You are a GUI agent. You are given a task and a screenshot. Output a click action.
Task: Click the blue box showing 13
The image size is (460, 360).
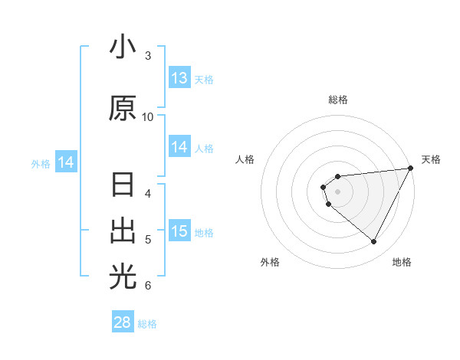click(179, 78)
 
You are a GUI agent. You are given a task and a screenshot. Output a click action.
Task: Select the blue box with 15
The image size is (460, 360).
click(179, 231)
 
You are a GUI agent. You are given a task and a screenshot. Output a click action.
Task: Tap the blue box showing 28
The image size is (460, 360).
click(123, 322)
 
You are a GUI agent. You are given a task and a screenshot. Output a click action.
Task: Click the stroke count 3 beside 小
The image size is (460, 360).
click(147, 55)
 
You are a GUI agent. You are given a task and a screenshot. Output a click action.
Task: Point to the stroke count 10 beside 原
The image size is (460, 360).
click(148, 116)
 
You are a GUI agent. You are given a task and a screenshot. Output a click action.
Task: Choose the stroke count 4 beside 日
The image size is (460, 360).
click(147, 193)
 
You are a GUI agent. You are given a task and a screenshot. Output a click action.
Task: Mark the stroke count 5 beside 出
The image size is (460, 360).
click(147, 239)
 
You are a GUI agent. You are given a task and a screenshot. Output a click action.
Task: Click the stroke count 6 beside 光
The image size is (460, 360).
click(147, 285)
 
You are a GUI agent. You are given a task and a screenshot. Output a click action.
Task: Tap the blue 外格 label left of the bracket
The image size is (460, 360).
click(40, 163)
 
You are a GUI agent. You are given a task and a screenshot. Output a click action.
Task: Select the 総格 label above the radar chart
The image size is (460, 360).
click(338, 100)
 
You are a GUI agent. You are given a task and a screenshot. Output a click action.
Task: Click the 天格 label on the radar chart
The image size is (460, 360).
click(431, 159)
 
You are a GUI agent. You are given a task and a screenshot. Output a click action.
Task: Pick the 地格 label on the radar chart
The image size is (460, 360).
click(402, 262)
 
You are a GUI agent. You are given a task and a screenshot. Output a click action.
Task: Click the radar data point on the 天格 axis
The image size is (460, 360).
click(411, 167)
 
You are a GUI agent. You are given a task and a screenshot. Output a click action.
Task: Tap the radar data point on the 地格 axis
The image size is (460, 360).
click(374, 241)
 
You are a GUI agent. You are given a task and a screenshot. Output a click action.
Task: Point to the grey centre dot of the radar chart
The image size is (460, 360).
click(337, 189)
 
